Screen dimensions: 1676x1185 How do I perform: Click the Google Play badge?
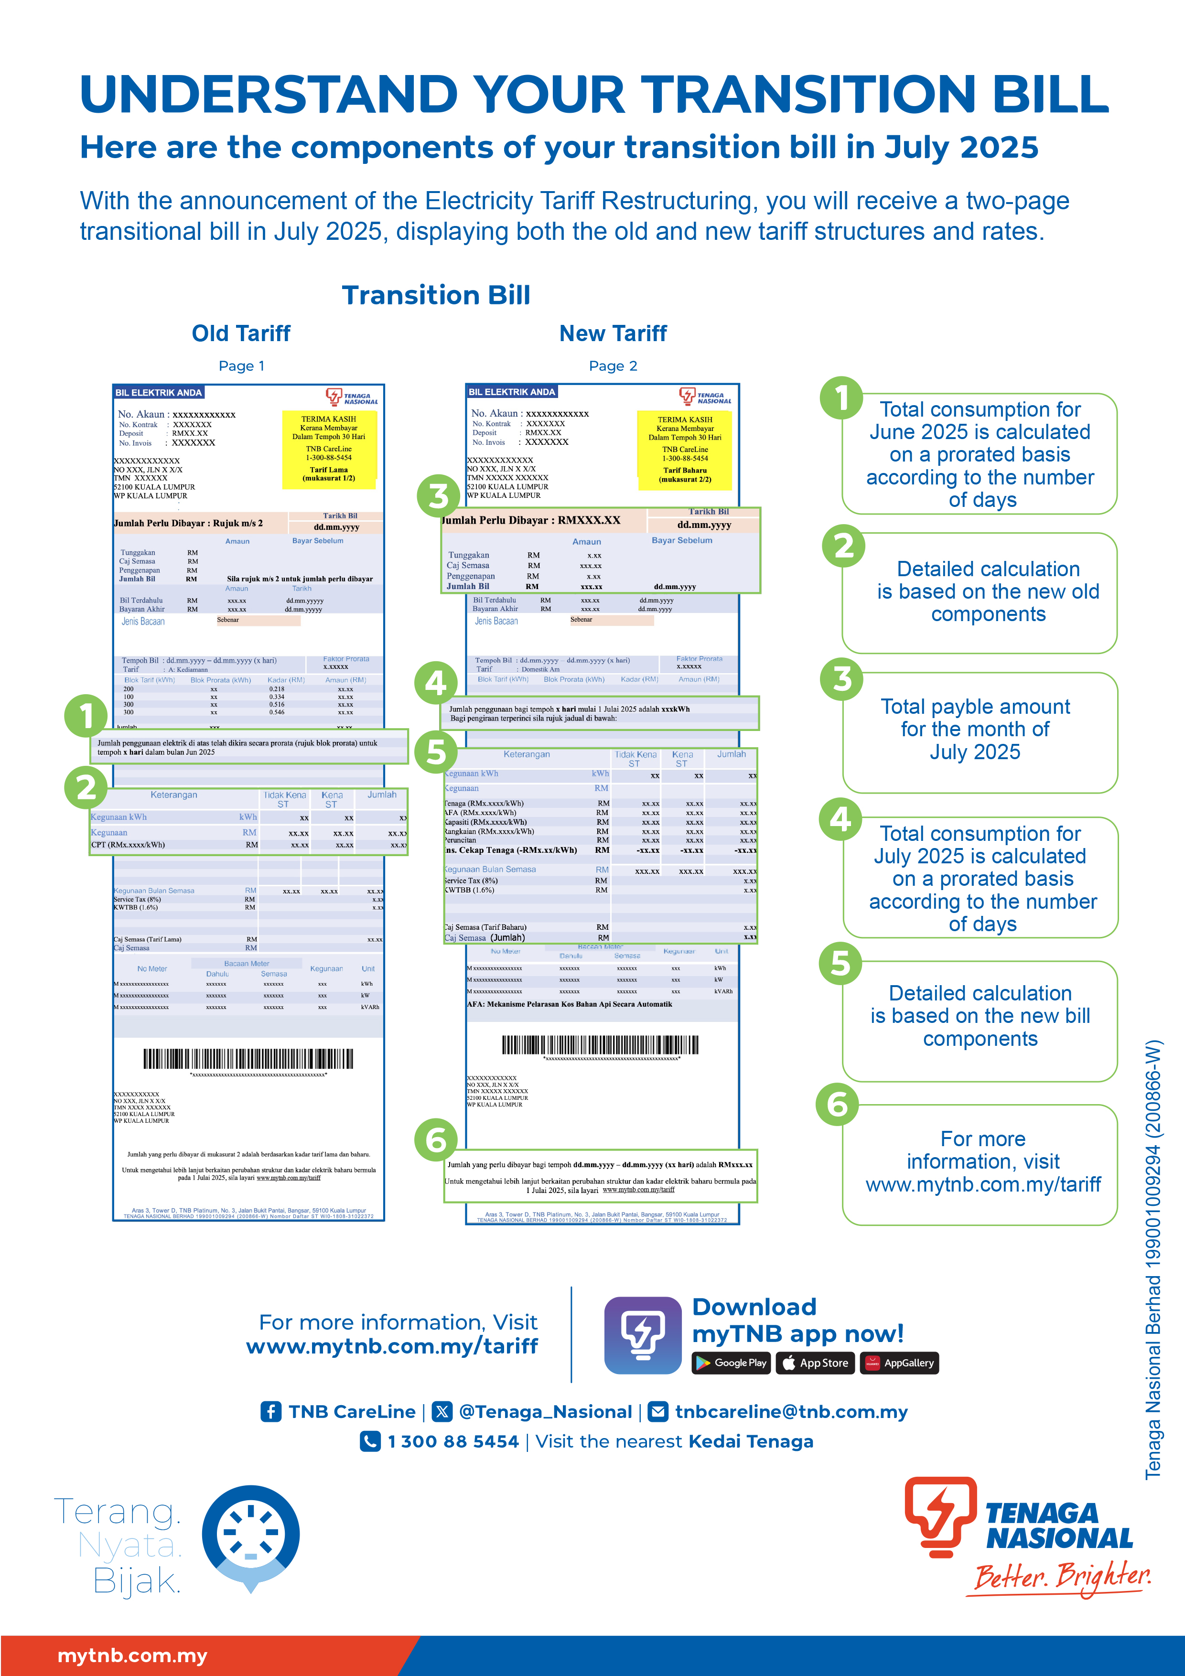[x=731, y=1363]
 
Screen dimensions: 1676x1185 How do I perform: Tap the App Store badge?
[x=815, y=1363]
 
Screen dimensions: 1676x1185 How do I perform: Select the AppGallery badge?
[x=900, y=1363]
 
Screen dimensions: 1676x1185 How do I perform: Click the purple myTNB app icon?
[x=643, y=1335]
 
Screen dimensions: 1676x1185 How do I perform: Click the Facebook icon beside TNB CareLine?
[x=271, y=1412]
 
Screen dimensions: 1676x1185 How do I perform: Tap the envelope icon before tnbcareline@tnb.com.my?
[x=658, y=1412]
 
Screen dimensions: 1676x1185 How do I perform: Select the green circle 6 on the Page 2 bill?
[x=436, y=1139]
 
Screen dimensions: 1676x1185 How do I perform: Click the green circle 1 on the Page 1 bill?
[x=86, y=716]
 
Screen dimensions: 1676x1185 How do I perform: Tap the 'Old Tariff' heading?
[x=241, y=333]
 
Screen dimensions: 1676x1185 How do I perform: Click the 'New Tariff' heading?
[x=613, y=333]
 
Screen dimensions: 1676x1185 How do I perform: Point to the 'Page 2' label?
[x=613, y=365]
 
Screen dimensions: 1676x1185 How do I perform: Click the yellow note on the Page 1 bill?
[x=329, y=449]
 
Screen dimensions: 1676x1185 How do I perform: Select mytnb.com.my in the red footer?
[x=132, y=1655]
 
